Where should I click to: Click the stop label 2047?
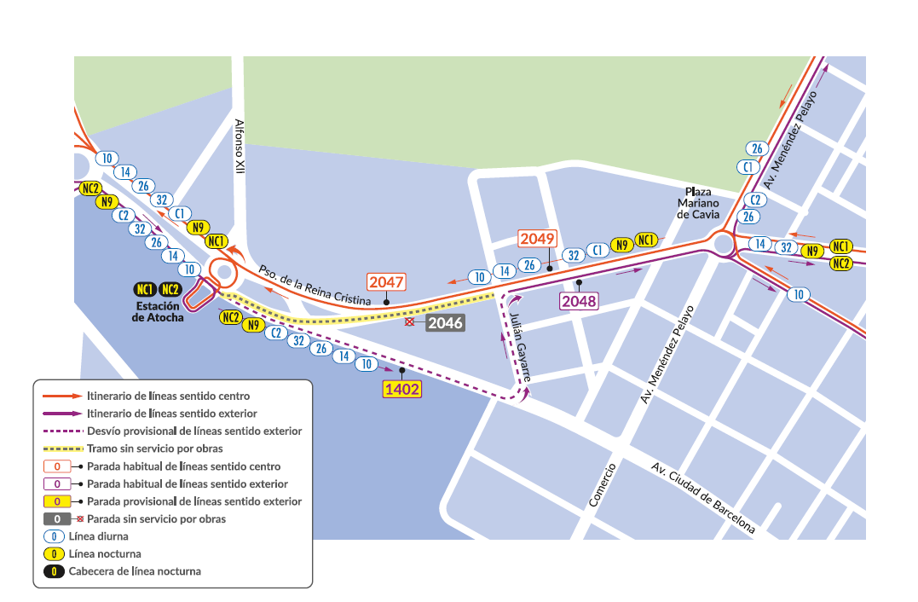(386, 282)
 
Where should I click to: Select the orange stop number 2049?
(538, 239)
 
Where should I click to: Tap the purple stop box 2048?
(579, 300)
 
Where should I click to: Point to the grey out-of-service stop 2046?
(445, 323)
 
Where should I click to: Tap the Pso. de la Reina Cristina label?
(315, 284)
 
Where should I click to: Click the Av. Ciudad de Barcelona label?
(703, 498)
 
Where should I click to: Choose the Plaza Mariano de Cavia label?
(698, 203)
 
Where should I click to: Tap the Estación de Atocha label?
(158, 311)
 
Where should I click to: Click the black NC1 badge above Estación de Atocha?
(145, 289)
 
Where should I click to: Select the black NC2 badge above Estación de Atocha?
(170, 289)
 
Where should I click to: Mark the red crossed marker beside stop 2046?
(410, 323)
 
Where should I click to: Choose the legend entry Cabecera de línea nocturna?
(135, 571)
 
